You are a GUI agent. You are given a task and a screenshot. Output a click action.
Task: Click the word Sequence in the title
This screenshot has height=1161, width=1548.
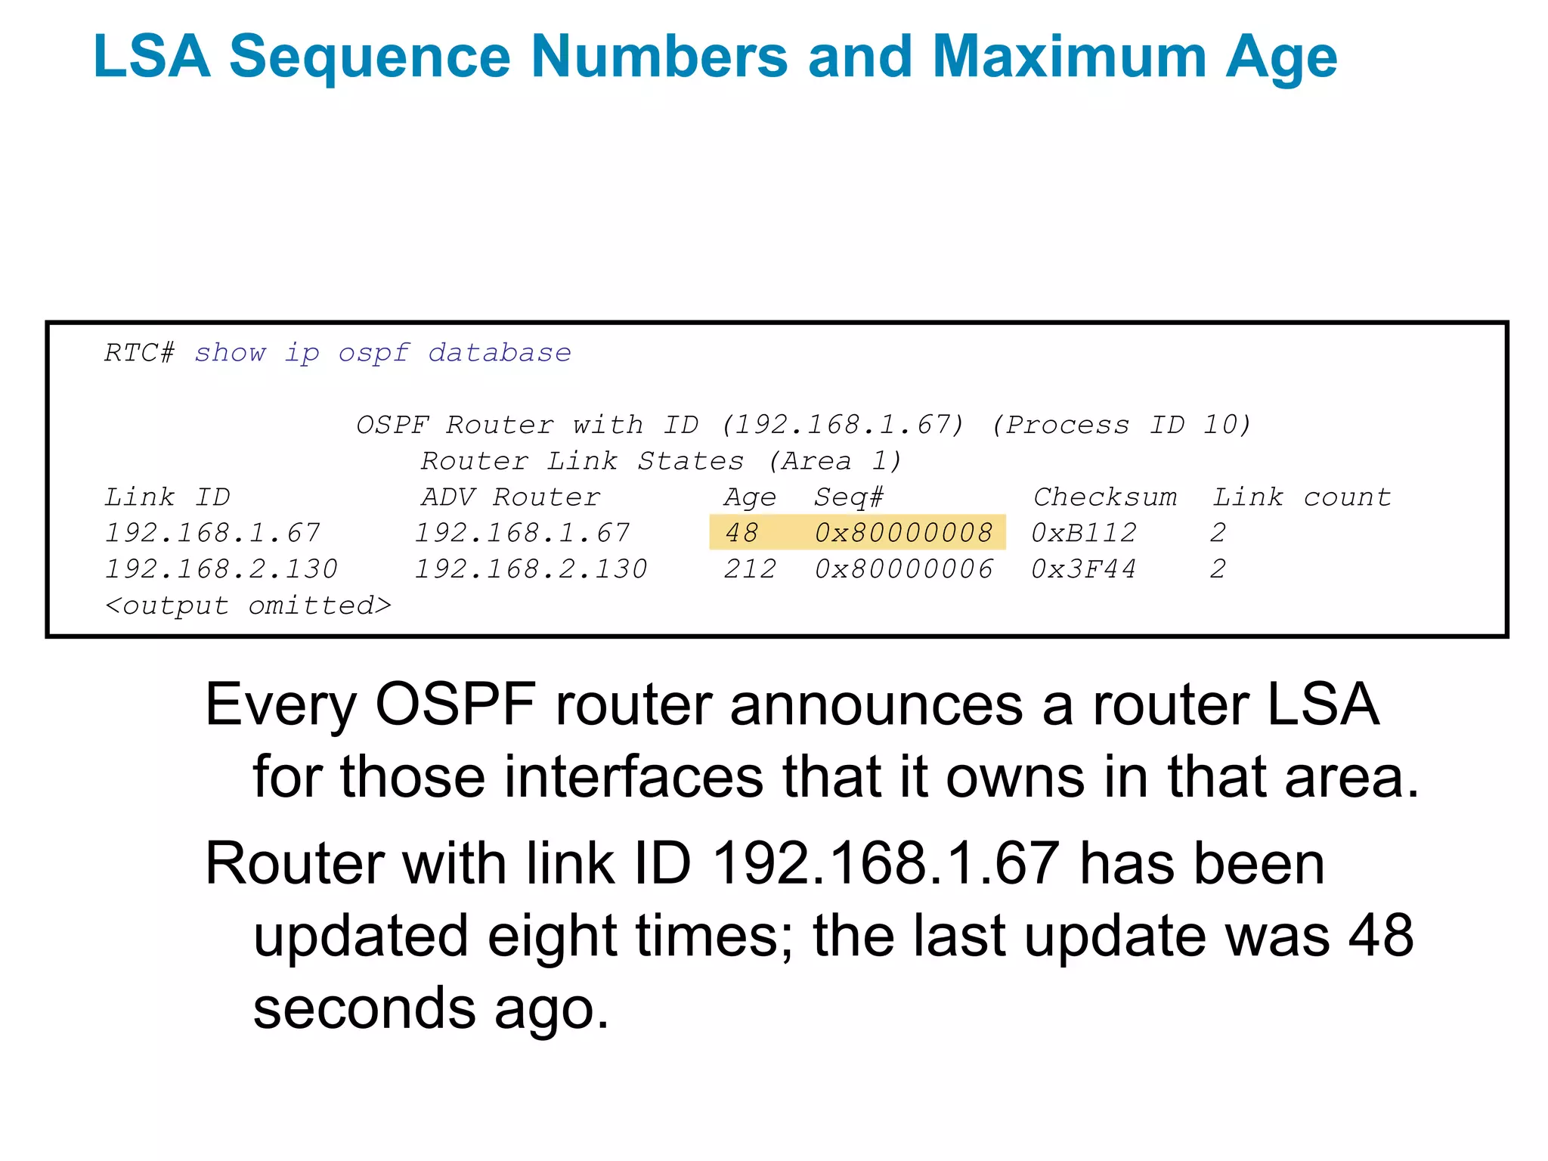point(370,57)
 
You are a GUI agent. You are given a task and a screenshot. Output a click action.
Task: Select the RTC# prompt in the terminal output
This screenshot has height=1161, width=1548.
point(140,353)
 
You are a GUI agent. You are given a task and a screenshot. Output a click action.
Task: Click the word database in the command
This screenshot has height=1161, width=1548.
point(500,353)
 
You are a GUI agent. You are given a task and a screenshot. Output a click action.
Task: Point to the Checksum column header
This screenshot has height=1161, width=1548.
point(1105,497)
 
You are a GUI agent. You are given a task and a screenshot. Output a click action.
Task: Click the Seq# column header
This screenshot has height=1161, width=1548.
point(848,497)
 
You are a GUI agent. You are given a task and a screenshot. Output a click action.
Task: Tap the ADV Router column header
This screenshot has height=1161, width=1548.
point(510,497)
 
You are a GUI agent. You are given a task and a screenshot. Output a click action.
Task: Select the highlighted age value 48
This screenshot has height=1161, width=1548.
point(741,533)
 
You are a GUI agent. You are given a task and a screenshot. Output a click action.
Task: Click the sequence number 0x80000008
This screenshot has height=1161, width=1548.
point(903,533)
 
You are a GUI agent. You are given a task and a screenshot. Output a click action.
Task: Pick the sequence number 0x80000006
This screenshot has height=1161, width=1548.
point(903,569)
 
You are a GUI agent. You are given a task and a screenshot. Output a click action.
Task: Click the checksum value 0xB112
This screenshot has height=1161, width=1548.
point(1084,533)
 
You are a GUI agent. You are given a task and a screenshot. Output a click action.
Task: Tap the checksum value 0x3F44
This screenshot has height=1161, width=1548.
point(1084,569)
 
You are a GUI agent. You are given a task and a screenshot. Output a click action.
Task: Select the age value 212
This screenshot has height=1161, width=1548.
point(750,569)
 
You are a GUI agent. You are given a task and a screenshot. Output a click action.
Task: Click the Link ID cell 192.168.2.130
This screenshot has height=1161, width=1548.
point(221,569)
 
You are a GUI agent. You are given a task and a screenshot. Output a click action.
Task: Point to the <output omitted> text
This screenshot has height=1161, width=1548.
point(248,605)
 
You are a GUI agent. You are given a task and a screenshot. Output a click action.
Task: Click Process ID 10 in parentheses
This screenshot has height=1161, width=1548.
point(1122,425)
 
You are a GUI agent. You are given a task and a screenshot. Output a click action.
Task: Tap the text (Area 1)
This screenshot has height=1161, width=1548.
point(835,461)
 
